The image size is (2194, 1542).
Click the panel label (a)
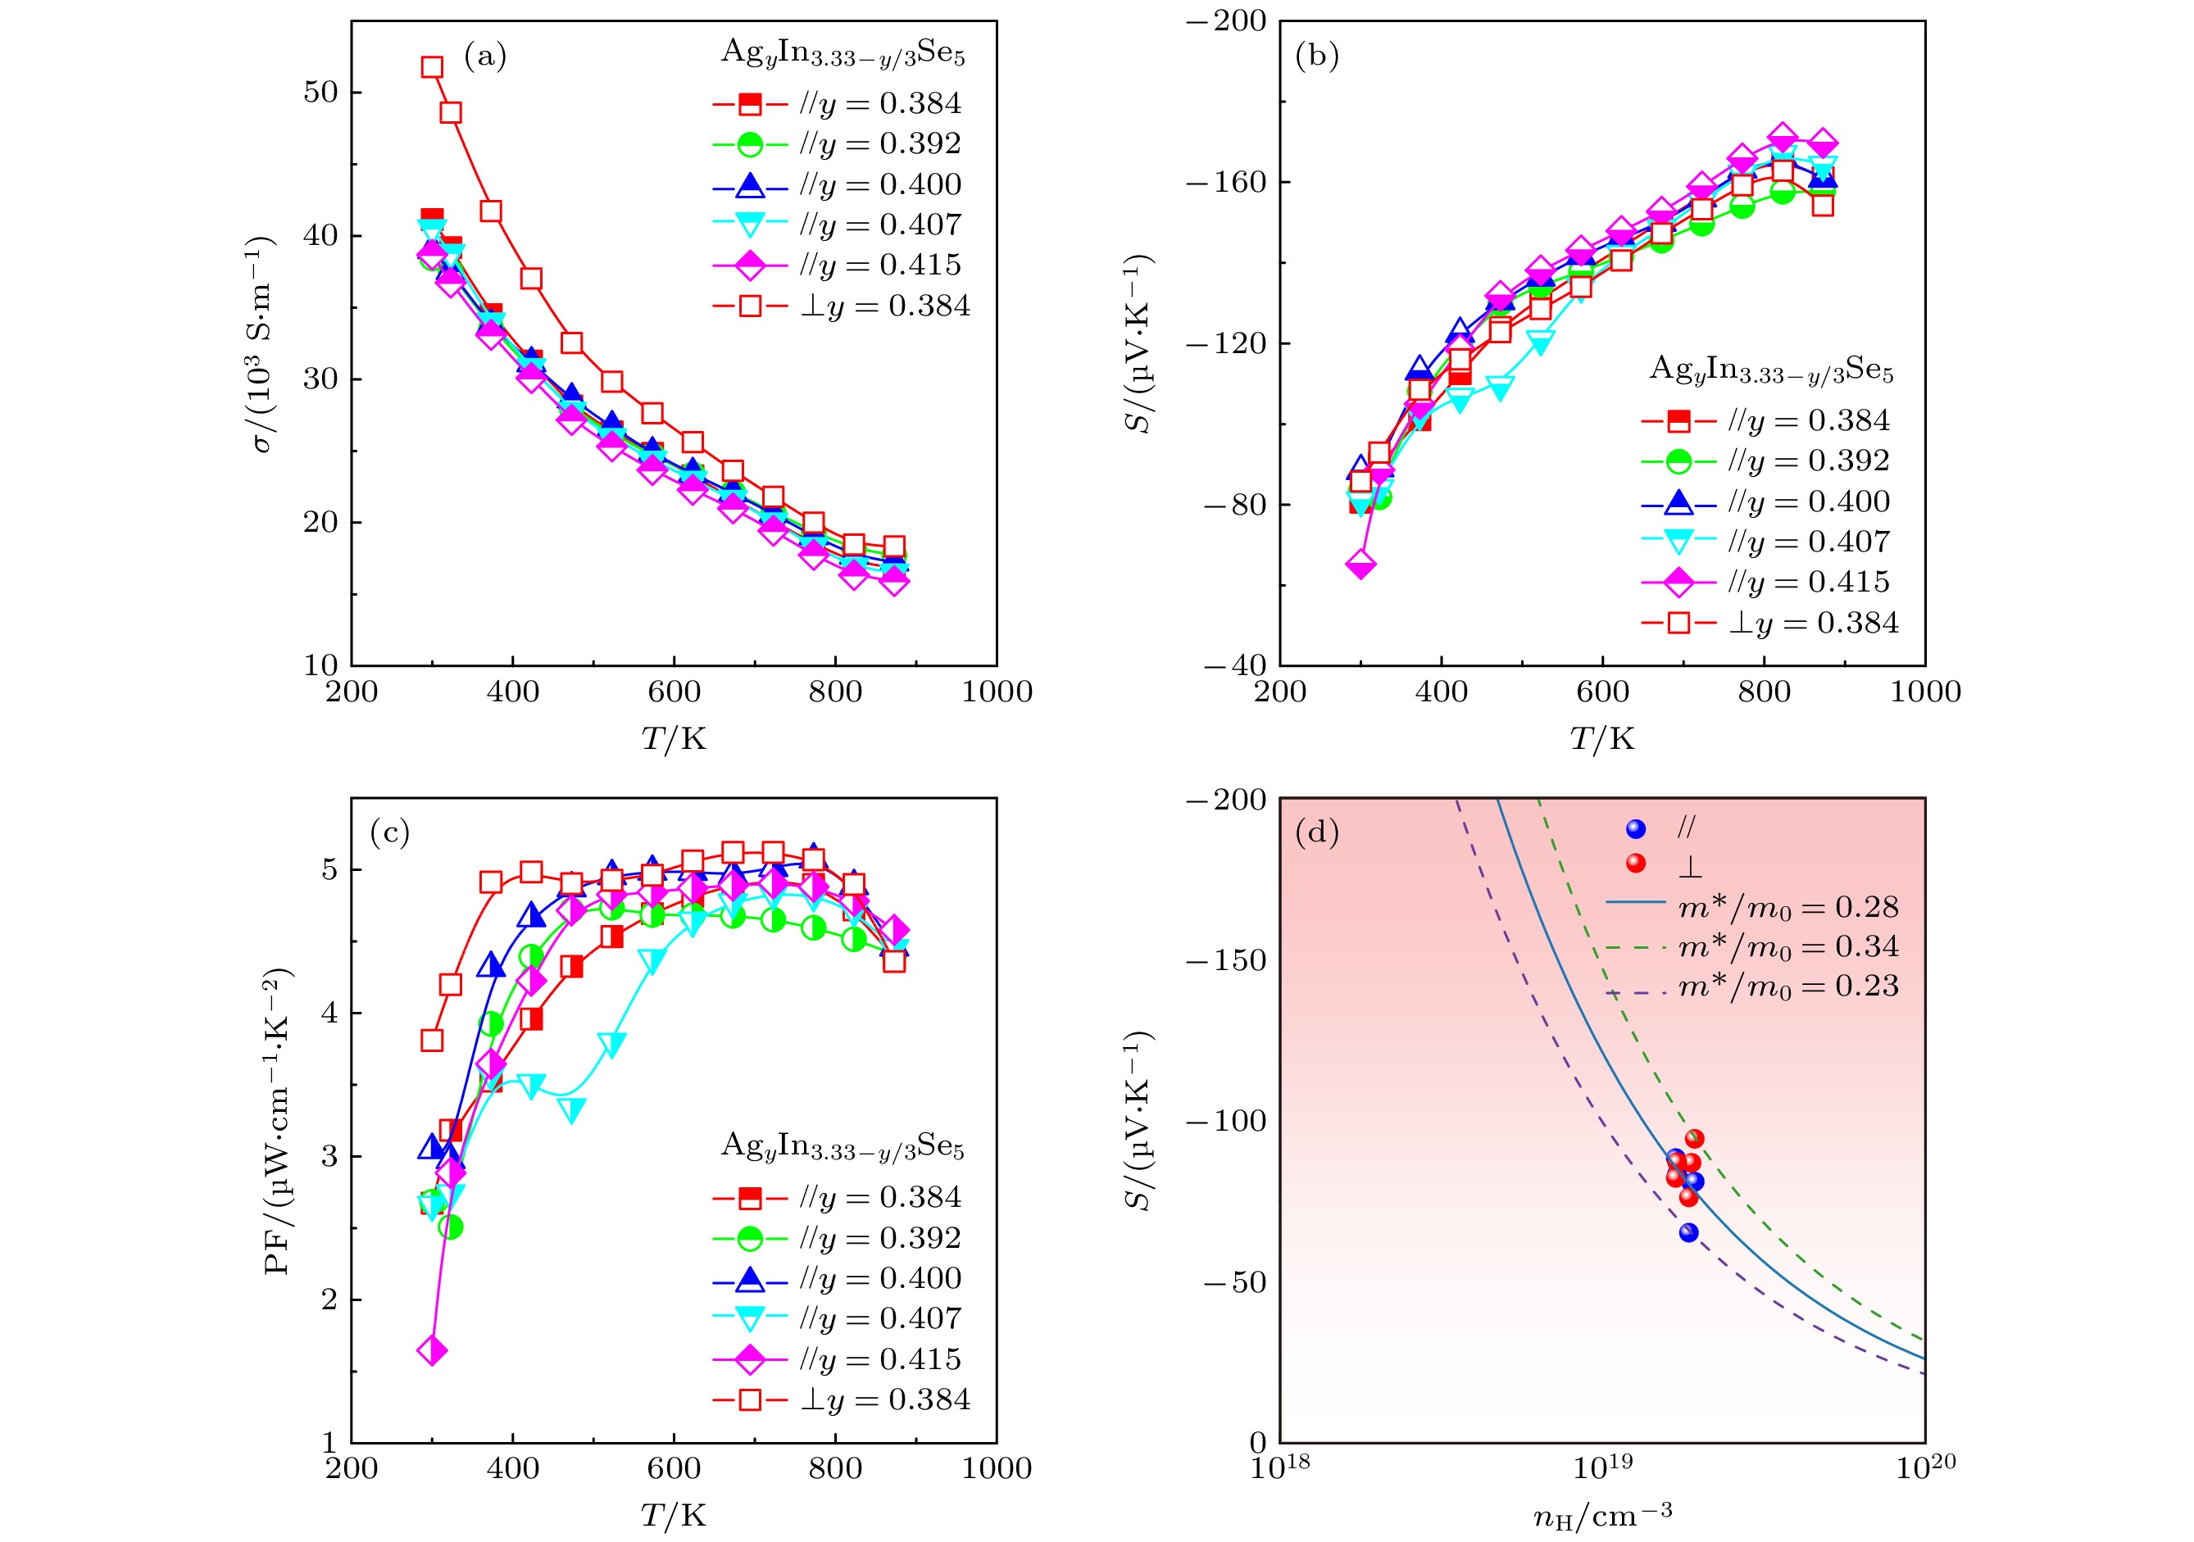tap(484, 57)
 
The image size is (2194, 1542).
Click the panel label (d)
tap(1316, 832)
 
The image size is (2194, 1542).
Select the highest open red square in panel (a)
tap(432, 67)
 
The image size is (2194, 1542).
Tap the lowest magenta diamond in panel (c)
tap(432, 1350)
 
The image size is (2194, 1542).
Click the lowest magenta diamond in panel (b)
tap(1360, 565)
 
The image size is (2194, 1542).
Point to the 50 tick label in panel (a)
tap(320, 93)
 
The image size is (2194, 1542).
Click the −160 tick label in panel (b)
tap(1226, 182)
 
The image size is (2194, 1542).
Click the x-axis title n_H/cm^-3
tap(1602, 1515)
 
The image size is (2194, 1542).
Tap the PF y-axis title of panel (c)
tap(276, 1122)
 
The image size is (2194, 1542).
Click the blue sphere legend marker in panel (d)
tap(1636, 828)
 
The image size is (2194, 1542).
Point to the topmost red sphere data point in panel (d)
tap(1694, 1138)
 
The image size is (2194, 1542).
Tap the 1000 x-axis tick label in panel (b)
tap(1924, 692)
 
